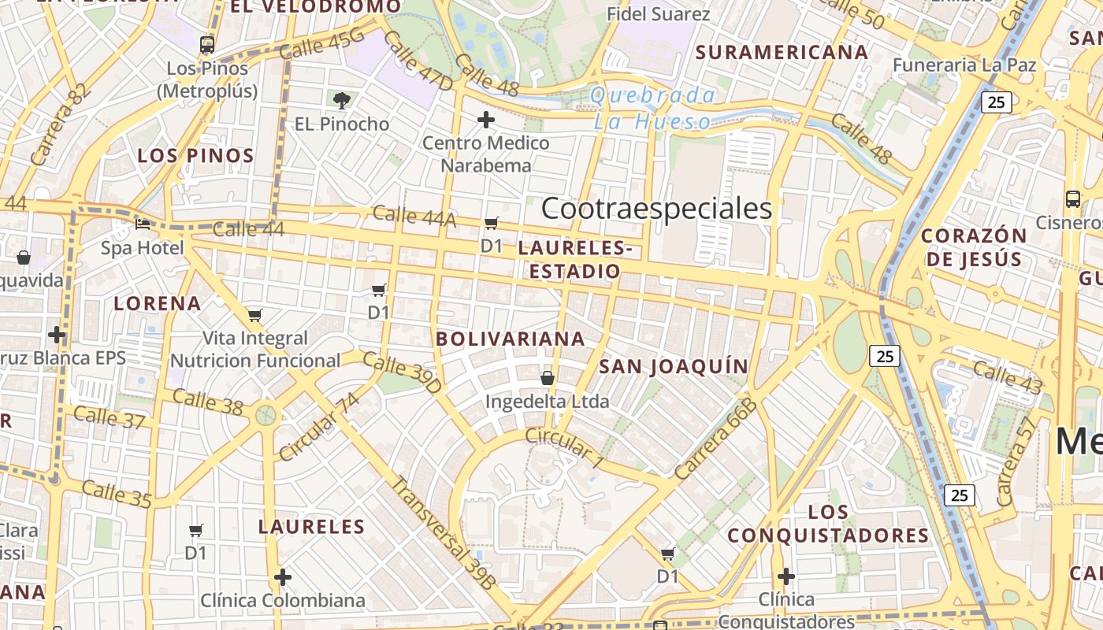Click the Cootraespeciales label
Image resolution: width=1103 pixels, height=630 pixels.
point(656,209)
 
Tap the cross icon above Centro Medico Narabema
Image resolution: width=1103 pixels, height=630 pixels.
point(486,120)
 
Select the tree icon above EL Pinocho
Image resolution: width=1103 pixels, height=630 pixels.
point(342,100)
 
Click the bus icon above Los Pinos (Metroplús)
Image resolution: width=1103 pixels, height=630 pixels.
point(207,44)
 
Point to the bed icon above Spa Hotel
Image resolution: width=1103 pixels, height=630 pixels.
point(143,224)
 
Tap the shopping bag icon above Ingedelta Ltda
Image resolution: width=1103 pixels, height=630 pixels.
point(548,378)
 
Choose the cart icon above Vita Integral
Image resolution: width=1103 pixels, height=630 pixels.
point(254,315)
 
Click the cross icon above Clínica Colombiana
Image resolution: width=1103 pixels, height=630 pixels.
point(283,577)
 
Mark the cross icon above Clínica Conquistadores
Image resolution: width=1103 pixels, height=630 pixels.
point(785,576)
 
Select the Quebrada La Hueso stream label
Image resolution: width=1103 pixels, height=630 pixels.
point(653,109)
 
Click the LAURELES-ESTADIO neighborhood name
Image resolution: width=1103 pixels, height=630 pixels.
point(575,260)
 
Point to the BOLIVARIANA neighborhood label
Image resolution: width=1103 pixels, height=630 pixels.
point(511,339)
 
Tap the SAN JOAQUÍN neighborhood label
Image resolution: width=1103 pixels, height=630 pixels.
point(673,366)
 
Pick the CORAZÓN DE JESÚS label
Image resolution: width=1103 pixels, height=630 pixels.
point(974,247)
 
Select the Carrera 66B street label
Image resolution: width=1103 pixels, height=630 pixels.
point(715,439)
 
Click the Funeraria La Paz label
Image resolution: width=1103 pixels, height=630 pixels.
point(964,65)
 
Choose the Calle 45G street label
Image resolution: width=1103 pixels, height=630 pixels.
point(322,43)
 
